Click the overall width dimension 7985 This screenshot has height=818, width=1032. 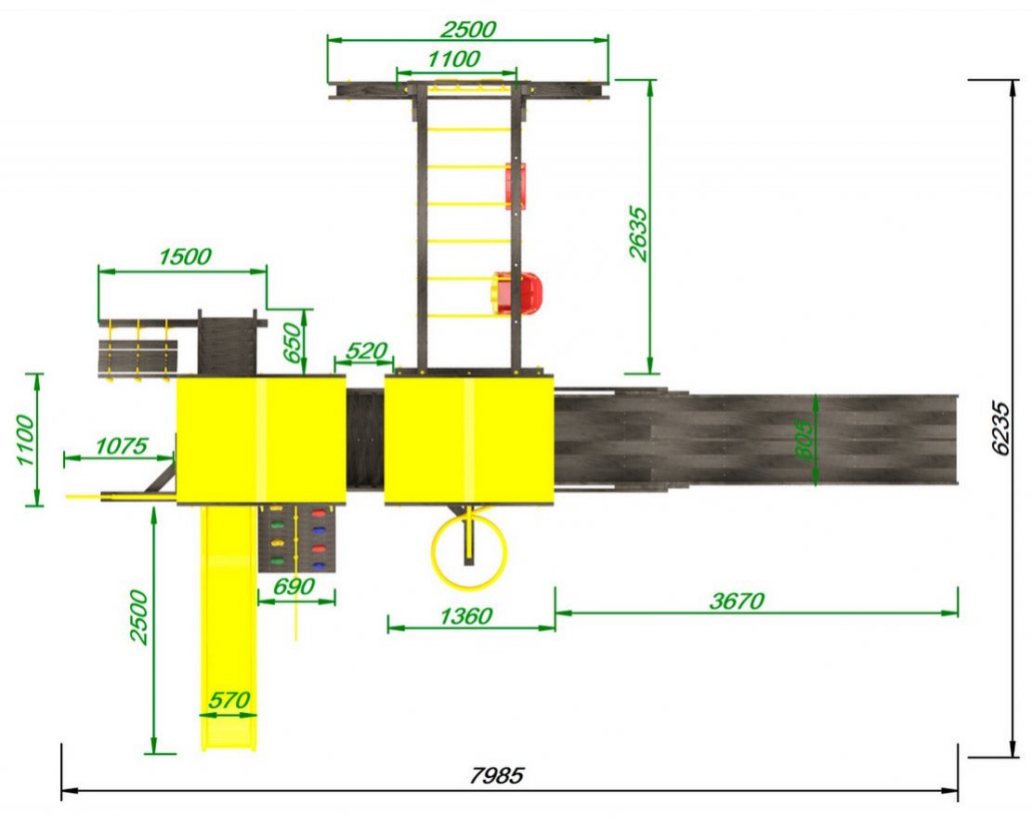tap(497, 775)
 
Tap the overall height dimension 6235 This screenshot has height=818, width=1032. tap(1000, 428)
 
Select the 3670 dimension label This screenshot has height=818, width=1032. tap(737, 600)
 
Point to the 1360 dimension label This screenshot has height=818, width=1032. tap(465, 615)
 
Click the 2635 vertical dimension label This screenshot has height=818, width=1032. tap(638, 234)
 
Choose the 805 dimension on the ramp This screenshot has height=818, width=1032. tap(803, 438)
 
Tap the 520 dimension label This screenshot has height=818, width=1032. tap(366, 350)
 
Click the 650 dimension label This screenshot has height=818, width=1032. tap(294, 342)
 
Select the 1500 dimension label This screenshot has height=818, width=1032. tap(185, 257)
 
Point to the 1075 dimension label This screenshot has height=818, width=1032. tap(122, 446)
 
